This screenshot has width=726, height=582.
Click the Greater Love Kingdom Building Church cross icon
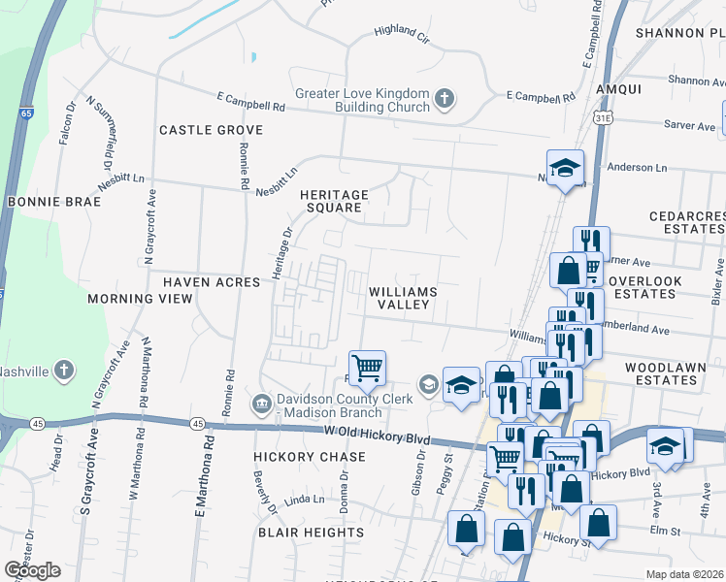[x=445, y=98]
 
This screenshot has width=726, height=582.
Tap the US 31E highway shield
[x=602, y=117]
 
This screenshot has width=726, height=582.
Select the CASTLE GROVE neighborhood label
[x=211, y=130]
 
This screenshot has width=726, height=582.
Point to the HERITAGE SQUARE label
[x=334, y=201]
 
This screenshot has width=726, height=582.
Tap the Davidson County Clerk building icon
[x=261, y=403]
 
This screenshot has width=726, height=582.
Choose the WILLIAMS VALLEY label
[x=403, y=298]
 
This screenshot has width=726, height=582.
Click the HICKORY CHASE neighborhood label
[x=310, y=457]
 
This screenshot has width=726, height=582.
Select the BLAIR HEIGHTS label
[x=311, y=533]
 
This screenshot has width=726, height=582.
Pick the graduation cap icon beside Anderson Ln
[x=565, y=168]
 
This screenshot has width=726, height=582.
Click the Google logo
[x=32, y=570]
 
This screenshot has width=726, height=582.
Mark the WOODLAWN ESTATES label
[x=675, y=374]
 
